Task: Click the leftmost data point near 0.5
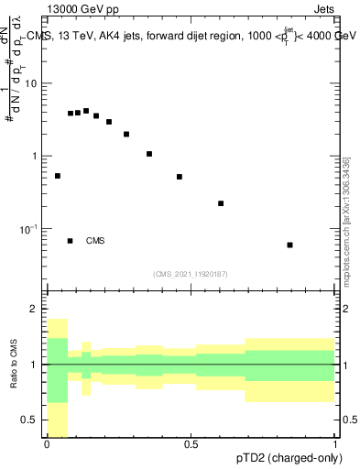coord(58,176)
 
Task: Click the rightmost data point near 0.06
coord(289,245)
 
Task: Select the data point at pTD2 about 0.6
coord(221,203)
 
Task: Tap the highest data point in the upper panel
coord(86,111)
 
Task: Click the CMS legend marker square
coord(70,241)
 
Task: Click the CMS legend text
coord(95,241)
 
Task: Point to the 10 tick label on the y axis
coord(33,83)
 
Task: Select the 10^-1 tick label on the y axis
coord(30,228)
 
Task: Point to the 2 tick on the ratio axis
coord(37,310)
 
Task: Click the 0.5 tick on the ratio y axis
coord(33,420)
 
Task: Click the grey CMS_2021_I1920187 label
coord(190,274)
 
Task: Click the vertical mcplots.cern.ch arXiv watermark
coord(346,220)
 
